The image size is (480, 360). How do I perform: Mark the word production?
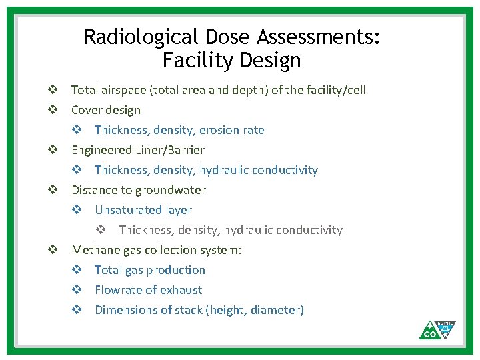point(176,270)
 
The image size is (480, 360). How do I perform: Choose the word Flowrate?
point(118,290)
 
